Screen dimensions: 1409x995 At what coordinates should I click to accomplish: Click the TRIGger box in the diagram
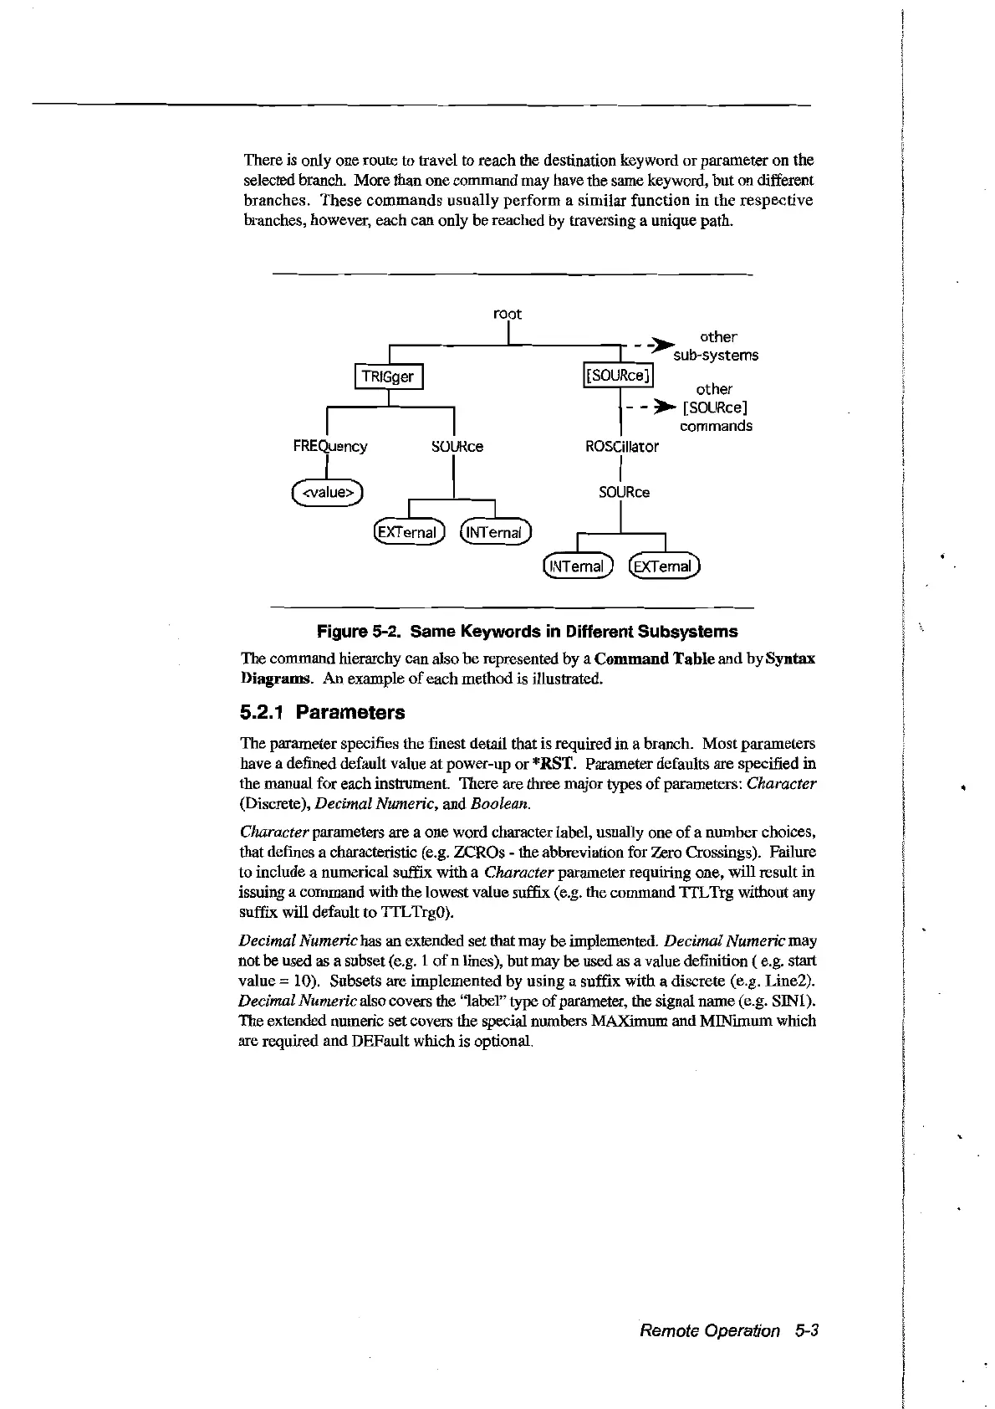390,377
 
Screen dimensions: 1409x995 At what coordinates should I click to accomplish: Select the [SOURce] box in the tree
617,376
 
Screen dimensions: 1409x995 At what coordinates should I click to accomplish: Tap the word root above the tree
508,314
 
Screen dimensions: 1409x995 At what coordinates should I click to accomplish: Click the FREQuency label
329,446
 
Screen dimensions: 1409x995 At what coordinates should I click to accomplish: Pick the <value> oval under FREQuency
328,492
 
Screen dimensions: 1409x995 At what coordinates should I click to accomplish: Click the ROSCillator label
622,446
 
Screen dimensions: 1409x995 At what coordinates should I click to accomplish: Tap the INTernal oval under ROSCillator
578,566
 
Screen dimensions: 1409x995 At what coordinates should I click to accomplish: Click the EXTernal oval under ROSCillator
666,566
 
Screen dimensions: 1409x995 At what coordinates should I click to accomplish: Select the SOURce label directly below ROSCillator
624,492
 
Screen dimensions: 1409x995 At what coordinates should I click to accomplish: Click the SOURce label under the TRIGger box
457,446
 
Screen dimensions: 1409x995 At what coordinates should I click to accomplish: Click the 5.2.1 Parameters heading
322,713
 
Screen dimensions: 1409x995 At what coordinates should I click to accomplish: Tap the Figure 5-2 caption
527,631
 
